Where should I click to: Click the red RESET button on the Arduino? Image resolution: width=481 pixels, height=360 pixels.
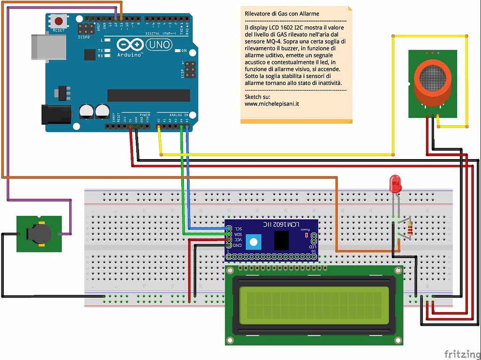pos(59,21)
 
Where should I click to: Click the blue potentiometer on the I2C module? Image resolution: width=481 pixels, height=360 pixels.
pos(253,242)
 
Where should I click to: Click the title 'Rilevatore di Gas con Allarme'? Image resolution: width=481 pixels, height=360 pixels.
pos(282,14)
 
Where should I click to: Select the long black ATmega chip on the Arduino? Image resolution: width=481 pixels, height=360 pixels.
pos(148,95)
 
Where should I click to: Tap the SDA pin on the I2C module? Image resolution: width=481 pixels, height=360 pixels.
pos(229,233)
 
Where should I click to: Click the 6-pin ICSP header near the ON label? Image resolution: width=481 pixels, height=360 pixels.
pos(190,69)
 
